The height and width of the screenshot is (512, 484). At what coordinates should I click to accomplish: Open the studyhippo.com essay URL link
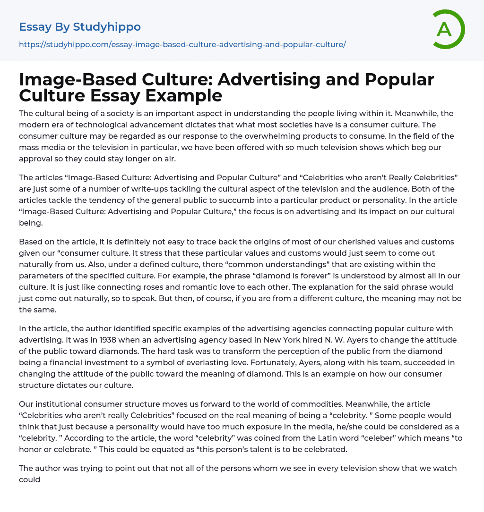tap(182, 44)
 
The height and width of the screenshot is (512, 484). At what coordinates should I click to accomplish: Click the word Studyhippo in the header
tap(107, 27)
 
